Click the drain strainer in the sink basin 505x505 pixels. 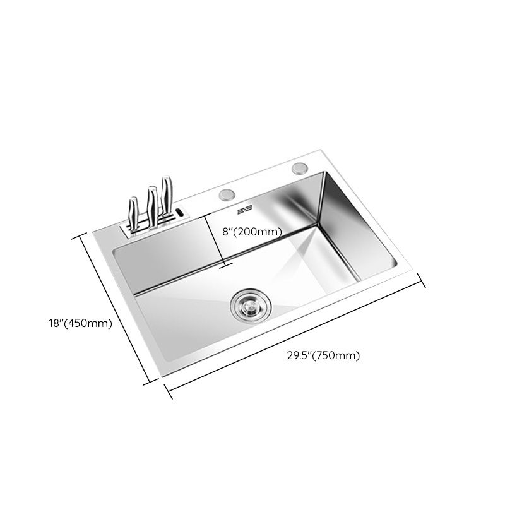(247, 304)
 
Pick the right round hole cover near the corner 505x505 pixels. (299, 169)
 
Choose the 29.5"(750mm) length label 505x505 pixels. (323, 355)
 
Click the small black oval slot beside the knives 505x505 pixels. (180, 213)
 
